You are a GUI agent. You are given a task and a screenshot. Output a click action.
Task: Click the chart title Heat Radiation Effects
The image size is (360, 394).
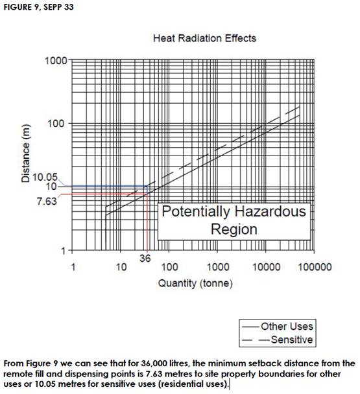[204, 38]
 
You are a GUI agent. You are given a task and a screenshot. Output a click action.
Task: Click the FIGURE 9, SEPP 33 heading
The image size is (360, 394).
[38, 7]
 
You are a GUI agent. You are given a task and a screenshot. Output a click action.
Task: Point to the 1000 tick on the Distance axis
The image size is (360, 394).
[56, 60]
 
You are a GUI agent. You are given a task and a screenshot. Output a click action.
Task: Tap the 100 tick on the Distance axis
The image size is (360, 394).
[56, 123]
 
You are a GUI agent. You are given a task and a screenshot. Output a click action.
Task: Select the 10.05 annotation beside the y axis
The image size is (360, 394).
[45, 178]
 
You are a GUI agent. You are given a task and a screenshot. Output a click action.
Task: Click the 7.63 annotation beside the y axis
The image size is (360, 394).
[47, 202]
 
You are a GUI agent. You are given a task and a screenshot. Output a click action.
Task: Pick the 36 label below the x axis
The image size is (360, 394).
[145, 259]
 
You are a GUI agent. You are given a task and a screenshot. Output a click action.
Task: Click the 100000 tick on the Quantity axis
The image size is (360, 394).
[315, 267]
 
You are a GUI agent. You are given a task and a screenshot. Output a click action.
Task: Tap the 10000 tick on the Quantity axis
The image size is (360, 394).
[266, 267]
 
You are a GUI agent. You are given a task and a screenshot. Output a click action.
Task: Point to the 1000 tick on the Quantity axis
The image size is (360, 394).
[218, 267]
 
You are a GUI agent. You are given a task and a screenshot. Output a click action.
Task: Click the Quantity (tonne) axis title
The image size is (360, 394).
[195, 283]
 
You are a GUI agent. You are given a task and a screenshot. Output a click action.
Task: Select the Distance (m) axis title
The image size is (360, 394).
[25, 154]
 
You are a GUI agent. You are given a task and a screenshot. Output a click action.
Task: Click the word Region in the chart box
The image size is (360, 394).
[234, 229]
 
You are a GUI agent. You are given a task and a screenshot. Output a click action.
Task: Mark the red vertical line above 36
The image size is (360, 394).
[147, 222]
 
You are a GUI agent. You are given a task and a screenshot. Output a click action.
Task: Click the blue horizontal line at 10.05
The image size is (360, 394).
[106, 186]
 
